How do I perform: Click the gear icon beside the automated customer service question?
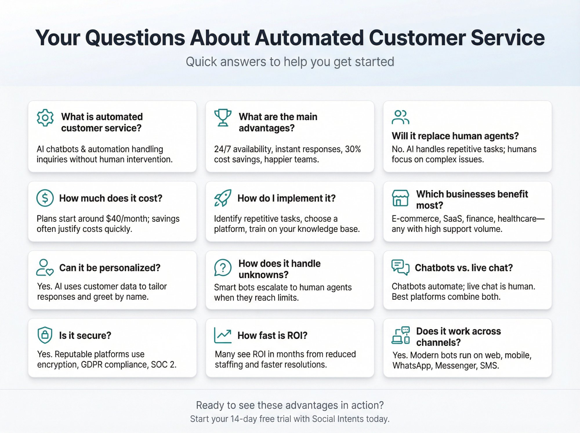[45, 118]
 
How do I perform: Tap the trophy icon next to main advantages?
[223, 117]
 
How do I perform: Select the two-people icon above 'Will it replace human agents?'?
[400, 117]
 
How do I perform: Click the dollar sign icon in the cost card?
[45, 198]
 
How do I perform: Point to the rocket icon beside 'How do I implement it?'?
[223, 198]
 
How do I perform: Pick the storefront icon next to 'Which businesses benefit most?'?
[400, 198]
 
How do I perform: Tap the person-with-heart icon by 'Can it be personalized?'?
[45, 267]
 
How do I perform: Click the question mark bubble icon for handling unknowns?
[223, 267]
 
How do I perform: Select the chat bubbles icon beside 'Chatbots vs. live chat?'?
[400, 267]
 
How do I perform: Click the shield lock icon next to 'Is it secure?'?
[45, 335]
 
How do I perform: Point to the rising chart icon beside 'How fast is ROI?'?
[223, 335]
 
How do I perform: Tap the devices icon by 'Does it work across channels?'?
[400, 335]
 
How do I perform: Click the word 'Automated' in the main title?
[309, 38]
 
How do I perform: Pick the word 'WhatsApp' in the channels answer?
[412, 366]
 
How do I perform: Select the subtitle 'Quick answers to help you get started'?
[290, 62]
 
